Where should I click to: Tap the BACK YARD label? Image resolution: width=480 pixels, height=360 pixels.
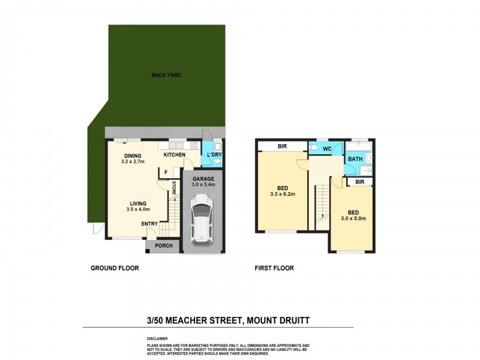pyautogui.click(x=166, y=75)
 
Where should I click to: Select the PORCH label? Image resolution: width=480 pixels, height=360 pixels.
pyautogui.click(x=164, y=246)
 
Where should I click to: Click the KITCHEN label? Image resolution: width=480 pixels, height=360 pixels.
pyautogui.click(x=175, y=155)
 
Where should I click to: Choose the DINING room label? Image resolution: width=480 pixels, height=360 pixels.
pyautogui.click(x=132, y=155)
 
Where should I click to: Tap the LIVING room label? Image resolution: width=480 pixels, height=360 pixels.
pyautogui.click(x=137, y=203)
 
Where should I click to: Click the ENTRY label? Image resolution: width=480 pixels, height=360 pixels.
pyautogui.click(x=149, y=224)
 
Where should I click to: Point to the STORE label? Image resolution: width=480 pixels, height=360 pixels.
pyautogui.click(x=174, y=188)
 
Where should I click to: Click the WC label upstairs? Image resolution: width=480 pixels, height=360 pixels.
pyautogui.click(x=327, y=148)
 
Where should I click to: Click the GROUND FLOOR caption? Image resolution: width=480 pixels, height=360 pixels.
pyautogui.click(x=114, y=268)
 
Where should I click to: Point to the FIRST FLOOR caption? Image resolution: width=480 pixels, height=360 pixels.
pyautogui.click(x=274, y=268)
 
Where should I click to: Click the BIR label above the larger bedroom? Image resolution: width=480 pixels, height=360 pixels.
pyautogui.click(x=282, y=146)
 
